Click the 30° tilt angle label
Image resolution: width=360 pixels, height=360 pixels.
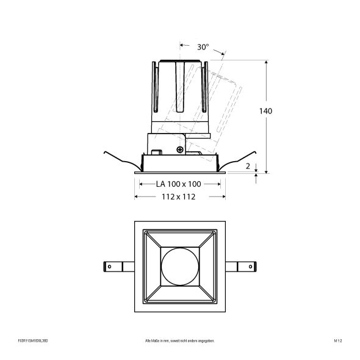[203, 46]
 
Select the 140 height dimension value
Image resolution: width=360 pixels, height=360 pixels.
[265, 111]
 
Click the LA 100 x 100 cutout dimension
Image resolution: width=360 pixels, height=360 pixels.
[178, 184]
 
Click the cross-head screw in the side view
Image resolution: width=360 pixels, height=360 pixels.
[179, 149]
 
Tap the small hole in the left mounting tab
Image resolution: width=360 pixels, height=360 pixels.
[110, 266]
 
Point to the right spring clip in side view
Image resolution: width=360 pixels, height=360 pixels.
[238, 160]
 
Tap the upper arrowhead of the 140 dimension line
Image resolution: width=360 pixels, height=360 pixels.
[266, 63]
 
